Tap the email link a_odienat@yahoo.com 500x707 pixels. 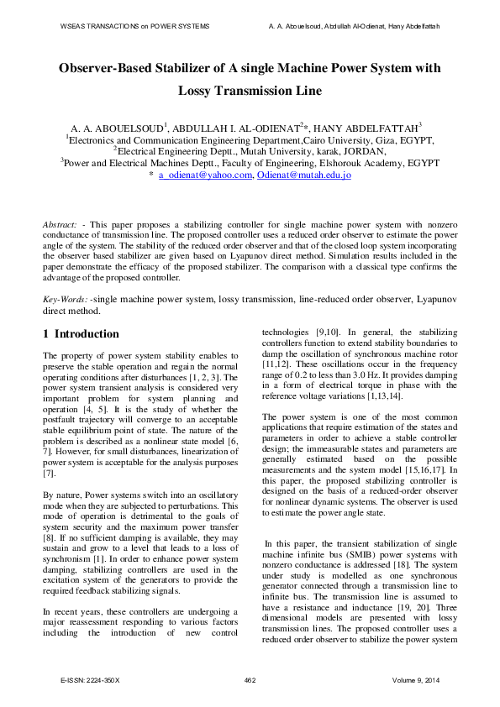[x=205, y=175]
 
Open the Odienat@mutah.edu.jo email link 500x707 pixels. [x=303, y=175]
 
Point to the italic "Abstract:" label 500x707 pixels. [x=61, y=226]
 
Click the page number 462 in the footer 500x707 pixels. [x=250, y=679]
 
